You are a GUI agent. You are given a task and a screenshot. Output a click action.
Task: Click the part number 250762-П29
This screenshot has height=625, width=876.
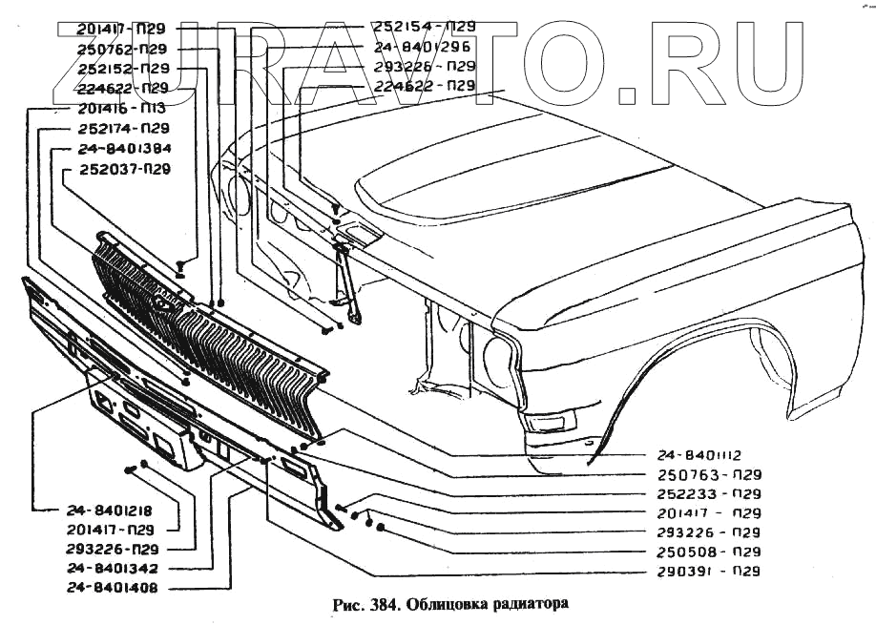[123, 50]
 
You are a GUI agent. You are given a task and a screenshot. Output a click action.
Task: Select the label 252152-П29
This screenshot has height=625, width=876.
[123, 69]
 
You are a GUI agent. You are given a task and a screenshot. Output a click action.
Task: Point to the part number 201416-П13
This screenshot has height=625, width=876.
[123, 108]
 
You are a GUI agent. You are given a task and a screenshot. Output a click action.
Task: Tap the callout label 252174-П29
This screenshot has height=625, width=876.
[123, 128]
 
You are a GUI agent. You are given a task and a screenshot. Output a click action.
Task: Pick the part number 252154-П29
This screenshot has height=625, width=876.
[424, 27]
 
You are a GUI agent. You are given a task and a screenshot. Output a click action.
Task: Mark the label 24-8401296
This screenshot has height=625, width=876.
[424, 47]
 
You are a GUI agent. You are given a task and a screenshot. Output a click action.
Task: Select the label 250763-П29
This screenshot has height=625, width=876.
[709, 475]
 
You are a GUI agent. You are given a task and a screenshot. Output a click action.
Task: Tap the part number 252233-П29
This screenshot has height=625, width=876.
[709, 494]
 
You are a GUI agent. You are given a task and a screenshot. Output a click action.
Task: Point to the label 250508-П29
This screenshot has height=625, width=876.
[709, 552]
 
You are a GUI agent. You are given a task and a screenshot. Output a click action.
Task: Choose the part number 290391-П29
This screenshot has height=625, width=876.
[709, 572]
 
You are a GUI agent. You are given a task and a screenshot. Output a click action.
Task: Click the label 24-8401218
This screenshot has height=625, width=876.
[111, 510]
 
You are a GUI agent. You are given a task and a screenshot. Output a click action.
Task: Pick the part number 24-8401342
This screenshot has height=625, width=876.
[111, 569]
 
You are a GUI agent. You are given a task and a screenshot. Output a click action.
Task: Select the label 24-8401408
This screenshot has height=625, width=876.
[111, 588]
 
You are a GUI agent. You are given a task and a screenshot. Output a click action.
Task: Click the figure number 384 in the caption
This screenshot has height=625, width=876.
[382, 604]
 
